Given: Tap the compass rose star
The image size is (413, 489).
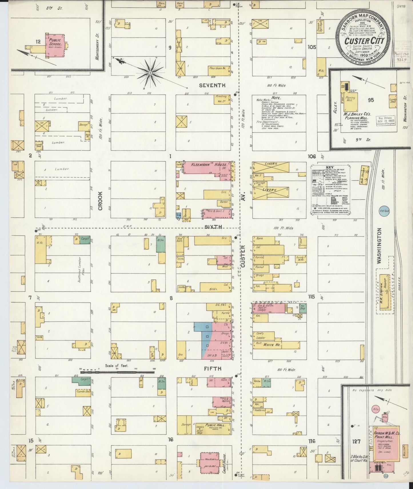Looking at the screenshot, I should click(x=150, y=73).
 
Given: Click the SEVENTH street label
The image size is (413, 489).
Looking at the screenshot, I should click(x=212, y=85).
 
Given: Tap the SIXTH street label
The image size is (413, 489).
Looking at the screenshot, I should click(x=212, y=226).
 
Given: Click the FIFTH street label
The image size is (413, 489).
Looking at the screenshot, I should click(x=212, y=369).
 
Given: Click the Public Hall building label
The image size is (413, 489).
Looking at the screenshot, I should click(x=214, y=425).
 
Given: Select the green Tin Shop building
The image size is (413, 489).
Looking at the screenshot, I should click(x=303, y=308).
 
